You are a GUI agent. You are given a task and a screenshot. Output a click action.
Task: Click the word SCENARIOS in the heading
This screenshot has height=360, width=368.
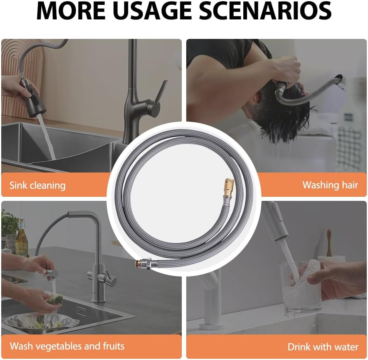click(265, 11)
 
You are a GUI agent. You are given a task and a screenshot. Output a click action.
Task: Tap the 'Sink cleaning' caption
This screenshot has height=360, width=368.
click(38, 185)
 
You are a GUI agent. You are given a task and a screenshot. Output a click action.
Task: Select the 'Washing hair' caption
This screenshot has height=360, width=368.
click(330, 185)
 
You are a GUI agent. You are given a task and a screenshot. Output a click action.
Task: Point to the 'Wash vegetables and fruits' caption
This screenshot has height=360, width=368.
click(67, 346)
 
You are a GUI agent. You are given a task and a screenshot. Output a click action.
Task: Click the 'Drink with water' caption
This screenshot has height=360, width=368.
click(323, 347)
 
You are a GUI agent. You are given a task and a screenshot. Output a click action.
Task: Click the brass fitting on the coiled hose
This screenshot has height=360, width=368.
click(228, 188)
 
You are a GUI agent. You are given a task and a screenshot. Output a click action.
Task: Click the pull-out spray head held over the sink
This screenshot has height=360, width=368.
click(33, 98)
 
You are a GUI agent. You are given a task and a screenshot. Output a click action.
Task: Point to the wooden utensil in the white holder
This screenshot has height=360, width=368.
click(329, 243)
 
